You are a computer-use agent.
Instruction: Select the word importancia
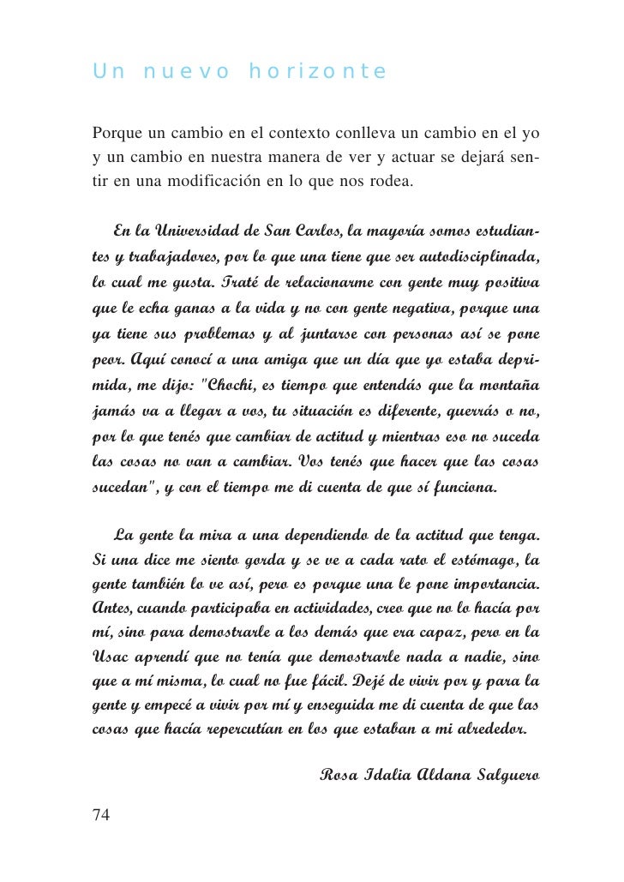tap(488, 586)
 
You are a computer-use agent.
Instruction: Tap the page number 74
tap(100, 814)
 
